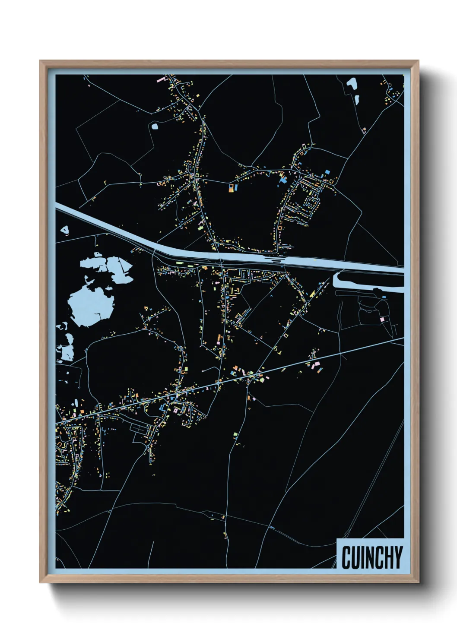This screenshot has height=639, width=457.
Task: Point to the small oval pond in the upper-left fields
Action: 154,127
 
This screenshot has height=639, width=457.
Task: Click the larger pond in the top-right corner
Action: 352,84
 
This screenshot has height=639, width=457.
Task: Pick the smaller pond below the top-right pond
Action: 357,100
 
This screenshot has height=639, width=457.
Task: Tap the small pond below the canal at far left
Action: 65,230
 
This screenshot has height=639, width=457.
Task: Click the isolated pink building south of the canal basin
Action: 382,319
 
